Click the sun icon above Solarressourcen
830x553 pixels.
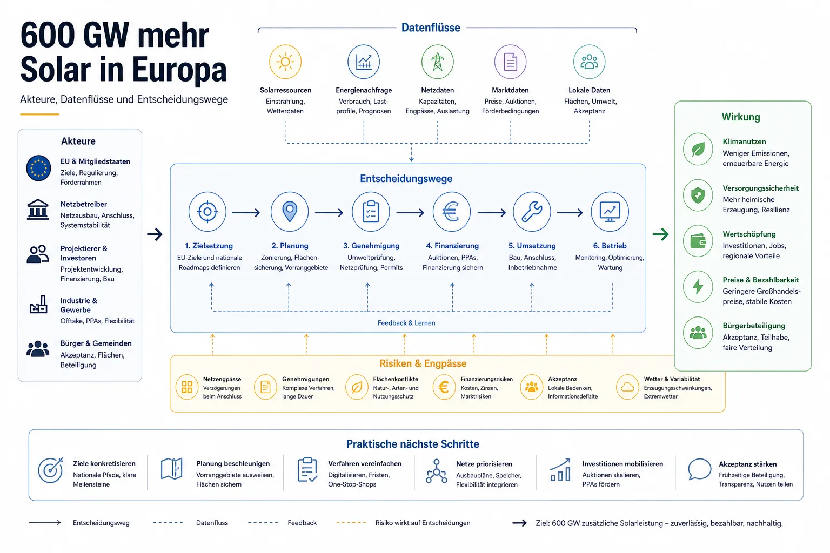coord(285,62)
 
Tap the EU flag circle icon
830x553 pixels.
coord(38,168)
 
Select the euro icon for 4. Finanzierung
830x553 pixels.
coord(451,212)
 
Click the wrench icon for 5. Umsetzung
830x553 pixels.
coord(532,212)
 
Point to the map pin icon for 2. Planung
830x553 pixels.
coord(290,212)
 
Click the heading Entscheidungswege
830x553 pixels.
coord(406,179)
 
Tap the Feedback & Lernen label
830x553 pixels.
coord(406,323)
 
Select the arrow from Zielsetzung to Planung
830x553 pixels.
coord(246,213)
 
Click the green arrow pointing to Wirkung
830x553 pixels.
coord(661,234)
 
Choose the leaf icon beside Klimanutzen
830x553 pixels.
coord(698,149)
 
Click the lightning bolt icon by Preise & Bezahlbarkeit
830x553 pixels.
coord(698,287)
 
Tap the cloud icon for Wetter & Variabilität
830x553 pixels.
coord(627,387)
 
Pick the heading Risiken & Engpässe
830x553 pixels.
coord(423,364)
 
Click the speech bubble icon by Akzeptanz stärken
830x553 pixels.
coord(699,469)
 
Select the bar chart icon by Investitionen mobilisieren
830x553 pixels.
coord(560,470)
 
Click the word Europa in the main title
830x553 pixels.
coord(179,69)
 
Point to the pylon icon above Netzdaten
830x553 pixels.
coord(437,62)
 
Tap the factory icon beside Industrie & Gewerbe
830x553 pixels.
coord(38,305)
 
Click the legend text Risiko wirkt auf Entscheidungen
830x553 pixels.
coord(423,523)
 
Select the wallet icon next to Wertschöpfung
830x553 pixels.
coord(698,241)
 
